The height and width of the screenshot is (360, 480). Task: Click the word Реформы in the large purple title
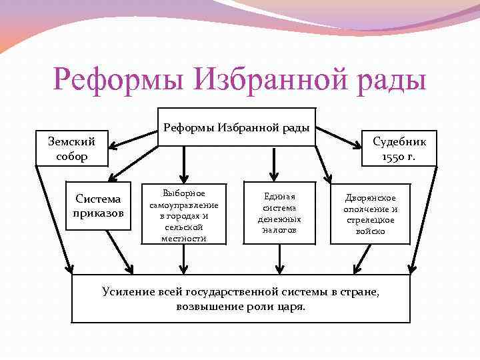tap(117, 81)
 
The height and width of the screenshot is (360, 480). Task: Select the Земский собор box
tap(72, 149)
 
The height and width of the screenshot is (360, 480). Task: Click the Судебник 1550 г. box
tap(399, 149)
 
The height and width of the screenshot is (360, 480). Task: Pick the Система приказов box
tap(99, 206)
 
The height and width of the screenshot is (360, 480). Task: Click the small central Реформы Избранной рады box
tap(237, 127)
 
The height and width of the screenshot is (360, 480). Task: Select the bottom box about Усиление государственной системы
tap(241, 299)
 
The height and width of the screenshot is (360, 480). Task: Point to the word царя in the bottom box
tap(291, 307)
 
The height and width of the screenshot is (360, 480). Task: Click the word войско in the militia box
tap(370, 231)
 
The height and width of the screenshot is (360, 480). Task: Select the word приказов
tap(99, 213)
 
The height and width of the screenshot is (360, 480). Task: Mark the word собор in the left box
tap(72, 157)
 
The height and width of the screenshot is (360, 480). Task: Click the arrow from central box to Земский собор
tap(133, 138)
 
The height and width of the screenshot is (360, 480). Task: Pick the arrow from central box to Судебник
tap(339, 137)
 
